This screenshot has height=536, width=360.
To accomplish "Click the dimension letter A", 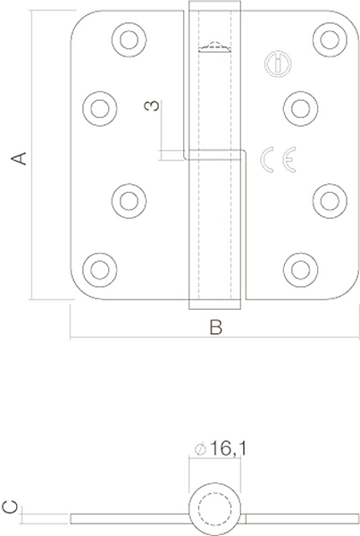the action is (19, 158).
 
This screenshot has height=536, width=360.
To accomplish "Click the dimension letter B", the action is (215, 327).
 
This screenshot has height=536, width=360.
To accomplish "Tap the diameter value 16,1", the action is (228, 448).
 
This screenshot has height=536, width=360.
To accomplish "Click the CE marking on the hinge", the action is (279, 160).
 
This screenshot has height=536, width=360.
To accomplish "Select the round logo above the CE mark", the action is (278, 64).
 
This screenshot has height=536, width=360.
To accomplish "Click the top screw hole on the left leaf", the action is (130, 39).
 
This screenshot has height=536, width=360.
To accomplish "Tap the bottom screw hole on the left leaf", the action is (100, 270).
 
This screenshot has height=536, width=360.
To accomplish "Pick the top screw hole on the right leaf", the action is (330, 39).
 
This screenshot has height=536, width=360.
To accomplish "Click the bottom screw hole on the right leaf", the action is (300, 270).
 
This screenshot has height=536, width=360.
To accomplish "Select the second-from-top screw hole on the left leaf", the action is (100, 108).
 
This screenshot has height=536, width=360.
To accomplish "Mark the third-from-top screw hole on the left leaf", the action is (130, 201).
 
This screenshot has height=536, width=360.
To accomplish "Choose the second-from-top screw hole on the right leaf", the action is (300, 108).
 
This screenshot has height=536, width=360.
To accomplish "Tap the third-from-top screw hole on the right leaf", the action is (330, 201).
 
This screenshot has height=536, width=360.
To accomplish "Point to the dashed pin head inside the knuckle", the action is (215, 46).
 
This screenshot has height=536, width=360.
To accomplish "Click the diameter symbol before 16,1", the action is (200, 449).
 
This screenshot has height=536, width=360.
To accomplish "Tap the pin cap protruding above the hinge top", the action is (214, 5).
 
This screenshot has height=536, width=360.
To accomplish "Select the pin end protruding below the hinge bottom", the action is (214, 305).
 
